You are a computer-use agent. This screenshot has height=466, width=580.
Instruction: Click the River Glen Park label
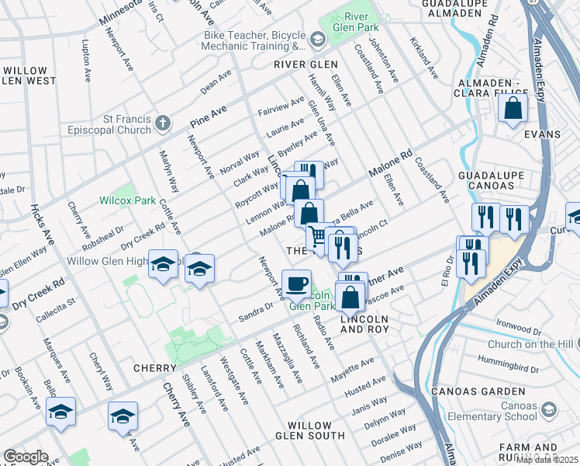tap(357, 23)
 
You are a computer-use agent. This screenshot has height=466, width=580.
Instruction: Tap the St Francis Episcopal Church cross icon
tap(162, 123)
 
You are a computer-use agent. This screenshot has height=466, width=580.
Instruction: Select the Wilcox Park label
tap(127, 200)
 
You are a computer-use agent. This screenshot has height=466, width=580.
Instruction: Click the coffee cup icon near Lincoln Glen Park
tap(296, 284)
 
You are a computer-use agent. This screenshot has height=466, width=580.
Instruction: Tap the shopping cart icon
tap(317, 235)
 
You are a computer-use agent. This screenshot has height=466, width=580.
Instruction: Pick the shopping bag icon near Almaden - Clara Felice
tap(513, 110)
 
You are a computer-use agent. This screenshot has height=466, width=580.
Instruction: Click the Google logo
tap(25, 457)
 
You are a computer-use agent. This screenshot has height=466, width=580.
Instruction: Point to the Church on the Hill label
tap(532, 344)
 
